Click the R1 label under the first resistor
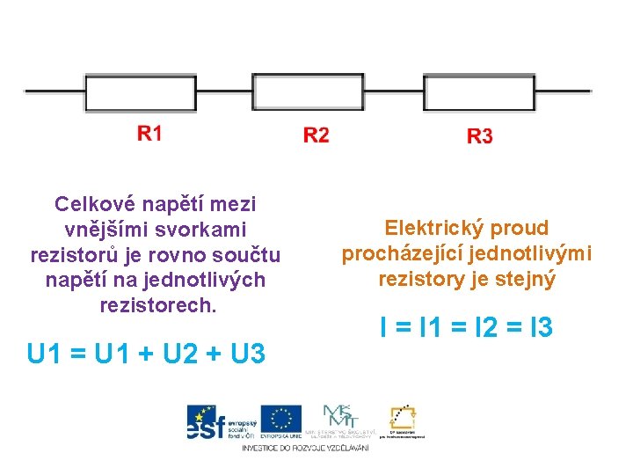click(149, 134)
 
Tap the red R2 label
click(316, 135)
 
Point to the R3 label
click(479, 135)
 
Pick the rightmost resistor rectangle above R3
click(478, 91)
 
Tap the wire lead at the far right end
click(563, 91)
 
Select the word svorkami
click(206, 230)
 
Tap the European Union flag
click(280, 420)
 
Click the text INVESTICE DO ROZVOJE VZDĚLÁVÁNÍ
click(305, 448)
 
